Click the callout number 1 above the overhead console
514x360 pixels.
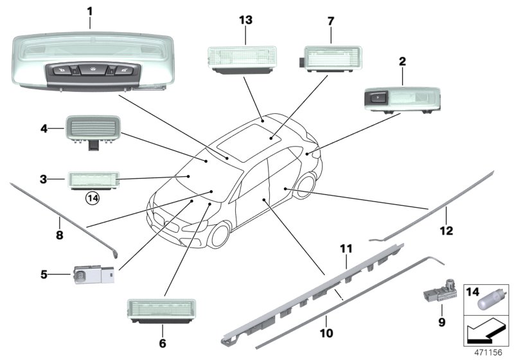click(89, 11)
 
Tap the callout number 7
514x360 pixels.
click(331, 21)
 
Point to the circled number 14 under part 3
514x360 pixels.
click(93, 199)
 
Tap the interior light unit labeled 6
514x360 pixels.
click(162, 310)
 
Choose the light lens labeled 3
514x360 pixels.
click(93, 177)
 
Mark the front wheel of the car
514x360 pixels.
click(220, 236)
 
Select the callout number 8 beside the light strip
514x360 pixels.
click(59, 235)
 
